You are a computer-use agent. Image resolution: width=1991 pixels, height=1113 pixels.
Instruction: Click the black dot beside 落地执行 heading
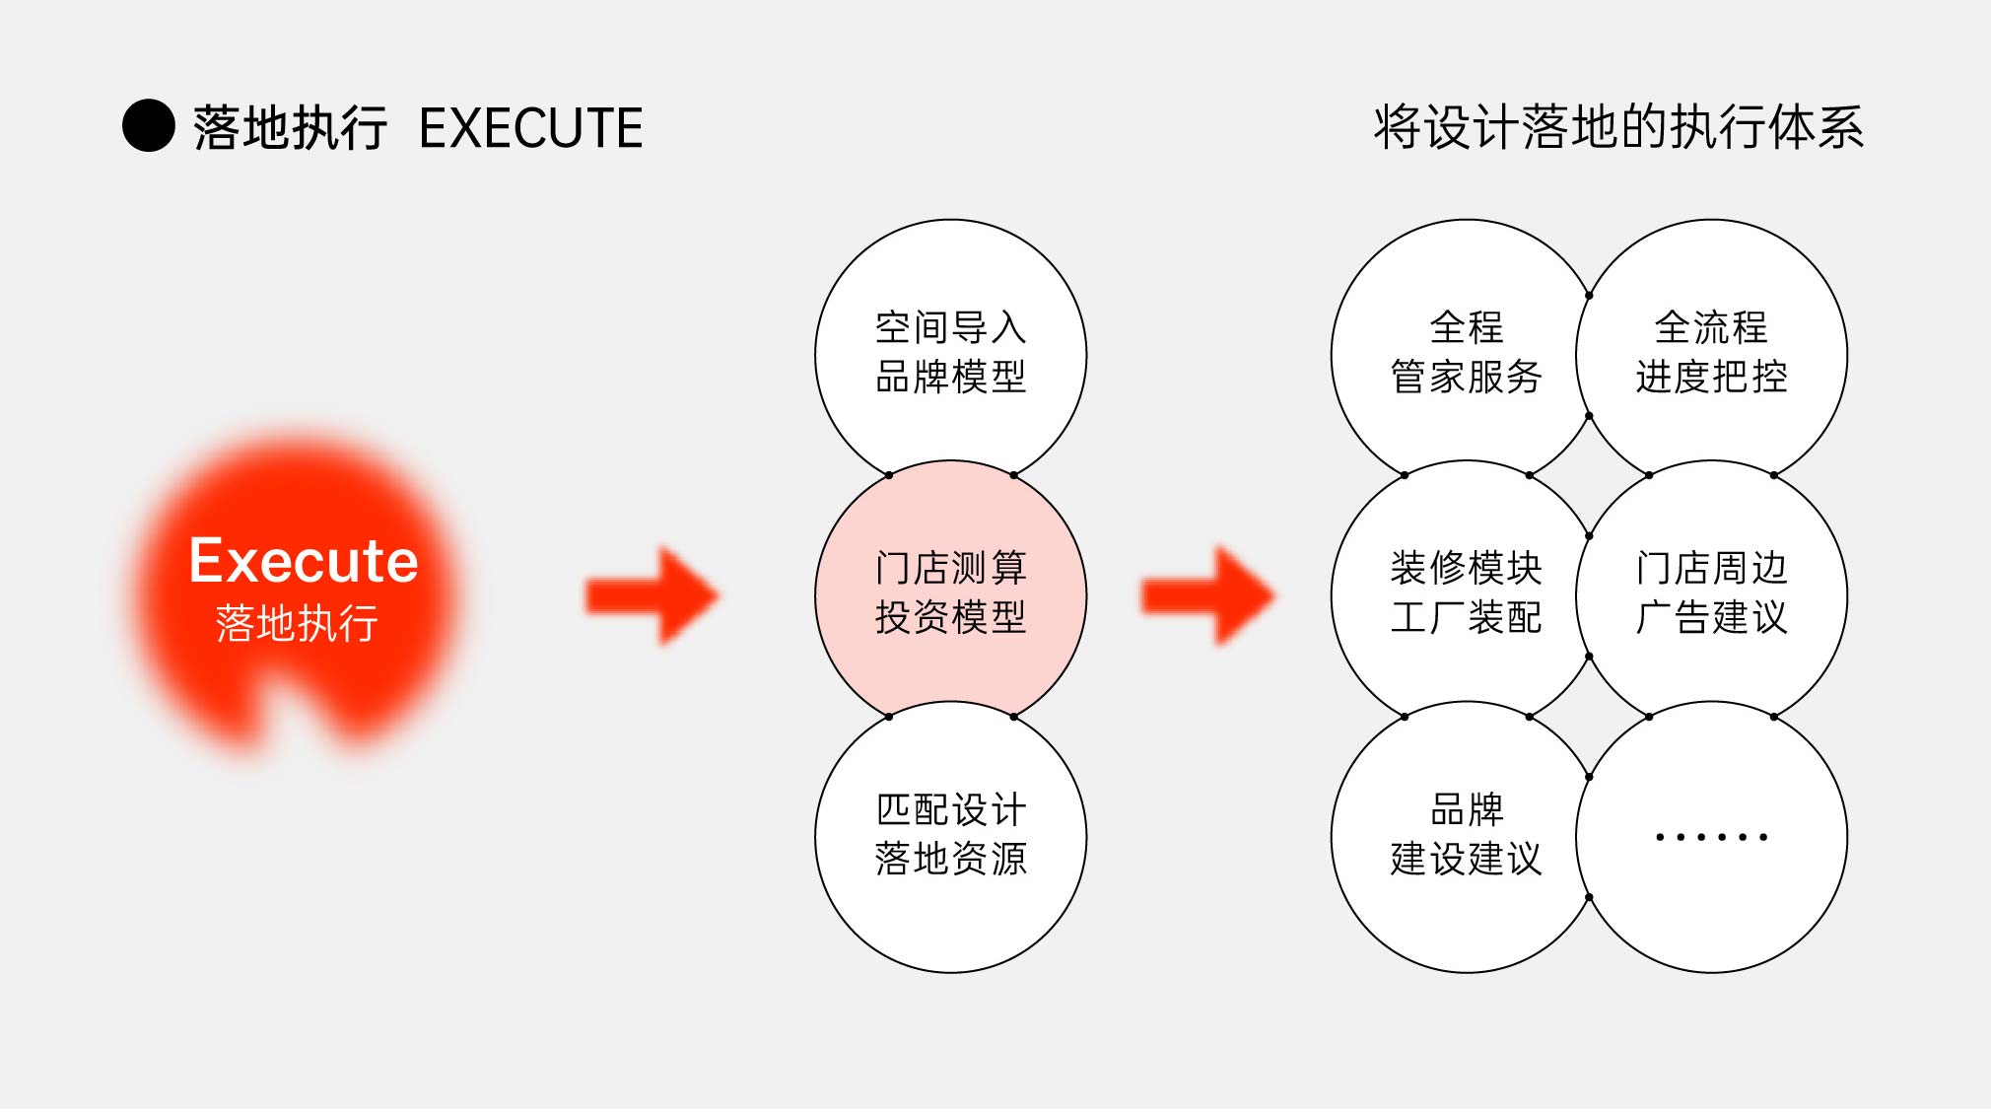(x=149, y=126)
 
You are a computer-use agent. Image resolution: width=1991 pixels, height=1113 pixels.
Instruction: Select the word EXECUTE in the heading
(x=530, y=128)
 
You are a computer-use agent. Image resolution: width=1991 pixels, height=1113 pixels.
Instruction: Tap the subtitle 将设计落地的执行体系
(x=1618, y=128)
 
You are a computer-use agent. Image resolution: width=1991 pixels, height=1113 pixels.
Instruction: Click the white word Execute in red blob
(x=304, y=561)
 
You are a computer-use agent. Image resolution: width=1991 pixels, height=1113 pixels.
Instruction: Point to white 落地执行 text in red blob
(x=297, y=623)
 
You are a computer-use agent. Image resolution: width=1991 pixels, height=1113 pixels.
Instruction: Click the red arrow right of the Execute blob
(x=652, y=595)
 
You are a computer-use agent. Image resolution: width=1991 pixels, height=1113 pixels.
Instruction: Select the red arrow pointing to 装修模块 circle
(x=1208, y=595)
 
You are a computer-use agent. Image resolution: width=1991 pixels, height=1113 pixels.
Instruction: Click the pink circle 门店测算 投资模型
(x=951, y=596)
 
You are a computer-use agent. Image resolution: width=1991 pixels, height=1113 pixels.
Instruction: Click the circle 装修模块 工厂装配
(x=1467, y=596)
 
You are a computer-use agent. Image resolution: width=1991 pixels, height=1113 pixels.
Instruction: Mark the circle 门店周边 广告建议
(x=1712, y=596)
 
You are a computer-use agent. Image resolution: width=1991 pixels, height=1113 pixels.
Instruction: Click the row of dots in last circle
(x=1712, y=837)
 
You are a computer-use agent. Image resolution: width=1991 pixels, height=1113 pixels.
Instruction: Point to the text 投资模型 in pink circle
(x=951, y=618)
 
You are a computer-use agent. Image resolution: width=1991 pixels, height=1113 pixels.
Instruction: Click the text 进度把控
(x=1712, y=377)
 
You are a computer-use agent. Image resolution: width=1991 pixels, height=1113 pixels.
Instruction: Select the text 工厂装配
(x=1467, y=618)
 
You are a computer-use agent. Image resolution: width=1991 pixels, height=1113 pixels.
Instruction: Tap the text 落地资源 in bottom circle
(x=951, y=859)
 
